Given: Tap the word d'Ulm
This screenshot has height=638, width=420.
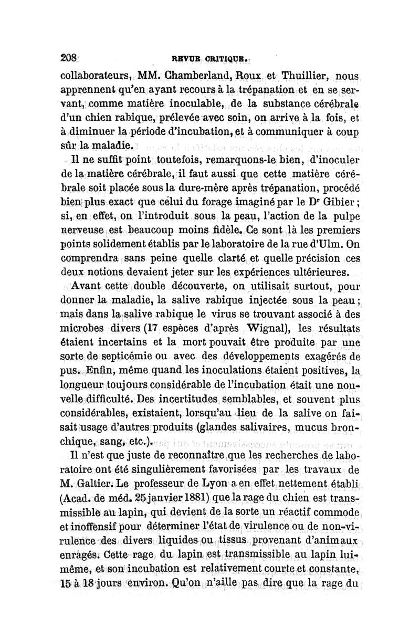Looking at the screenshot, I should pyautogui.click(x=329, y=244).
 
